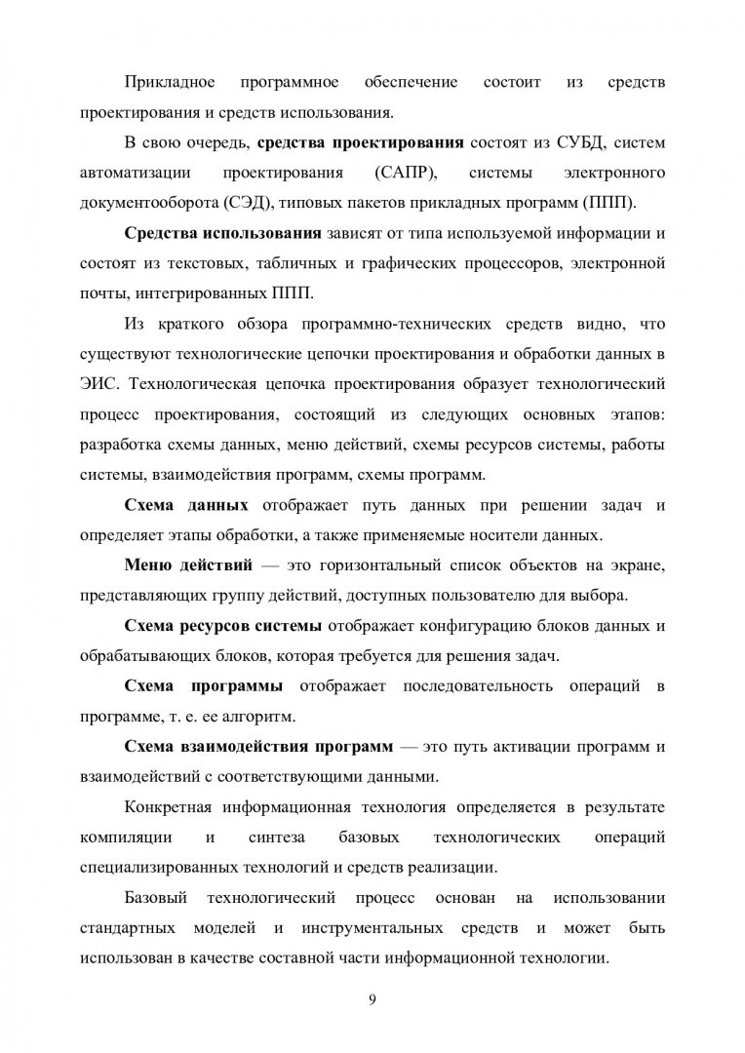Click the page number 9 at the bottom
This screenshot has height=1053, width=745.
tap(372, 1000)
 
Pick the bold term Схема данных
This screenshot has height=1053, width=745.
tap(186, 505)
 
